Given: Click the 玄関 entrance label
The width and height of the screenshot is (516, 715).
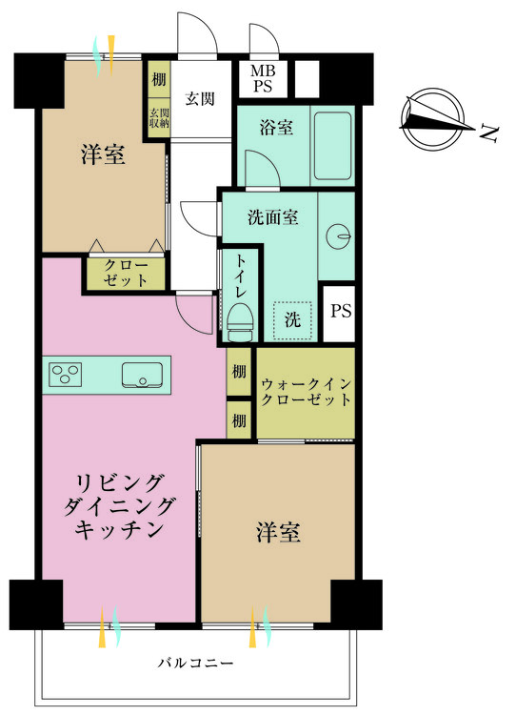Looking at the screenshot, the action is tap(200, 98).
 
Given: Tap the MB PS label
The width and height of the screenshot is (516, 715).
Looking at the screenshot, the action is tap(263, 78).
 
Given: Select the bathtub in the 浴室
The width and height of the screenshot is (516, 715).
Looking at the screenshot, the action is tap(332, 146).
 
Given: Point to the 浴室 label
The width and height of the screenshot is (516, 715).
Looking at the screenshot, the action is tap(276, 127).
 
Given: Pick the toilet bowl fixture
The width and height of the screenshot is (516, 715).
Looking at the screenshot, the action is tap(240, 322).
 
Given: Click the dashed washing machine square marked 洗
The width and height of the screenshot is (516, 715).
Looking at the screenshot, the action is tap(292, 320).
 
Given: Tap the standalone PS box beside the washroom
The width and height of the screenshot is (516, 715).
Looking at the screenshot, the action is tap(339, 314).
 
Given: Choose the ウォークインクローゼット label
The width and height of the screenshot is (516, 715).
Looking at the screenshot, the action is tap(306, 392).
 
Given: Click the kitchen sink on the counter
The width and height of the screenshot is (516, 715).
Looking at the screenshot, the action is tap(142, 375).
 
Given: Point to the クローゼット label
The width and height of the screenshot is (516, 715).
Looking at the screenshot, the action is tap(126, 273).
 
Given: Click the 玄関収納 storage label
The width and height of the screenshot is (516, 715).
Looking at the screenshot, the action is tap(159, 117).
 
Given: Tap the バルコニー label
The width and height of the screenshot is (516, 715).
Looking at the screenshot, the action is tap(195, 663).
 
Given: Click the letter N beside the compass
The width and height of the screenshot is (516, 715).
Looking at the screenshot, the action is tap(489, 133).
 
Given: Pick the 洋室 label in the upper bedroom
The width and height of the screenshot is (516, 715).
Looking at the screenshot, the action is tap(103, 153).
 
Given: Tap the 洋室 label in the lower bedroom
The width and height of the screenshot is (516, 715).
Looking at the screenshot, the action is tap(278, 532).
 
